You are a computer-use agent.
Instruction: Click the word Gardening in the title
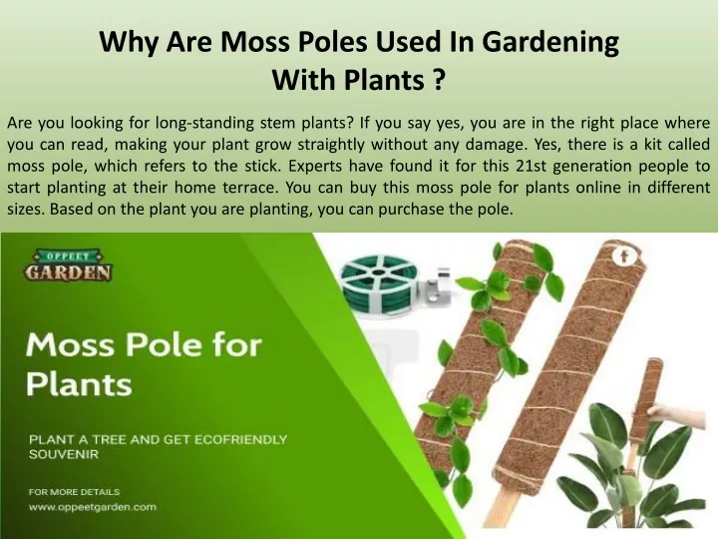[550, 43]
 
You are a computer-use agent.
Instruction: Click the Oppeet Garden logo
[68, 265]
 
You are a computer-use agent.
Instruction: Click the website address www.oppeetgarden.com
[93, 507]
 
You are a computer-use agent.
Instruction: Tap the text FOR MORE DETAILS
[74, 492]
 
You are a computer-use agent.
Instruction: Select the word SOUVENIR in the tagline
[64, 455]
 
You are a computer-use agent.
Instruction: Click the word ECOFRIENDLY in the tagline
[241, 439]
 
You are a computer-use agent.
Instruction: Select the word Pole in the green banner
[163, 344]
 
